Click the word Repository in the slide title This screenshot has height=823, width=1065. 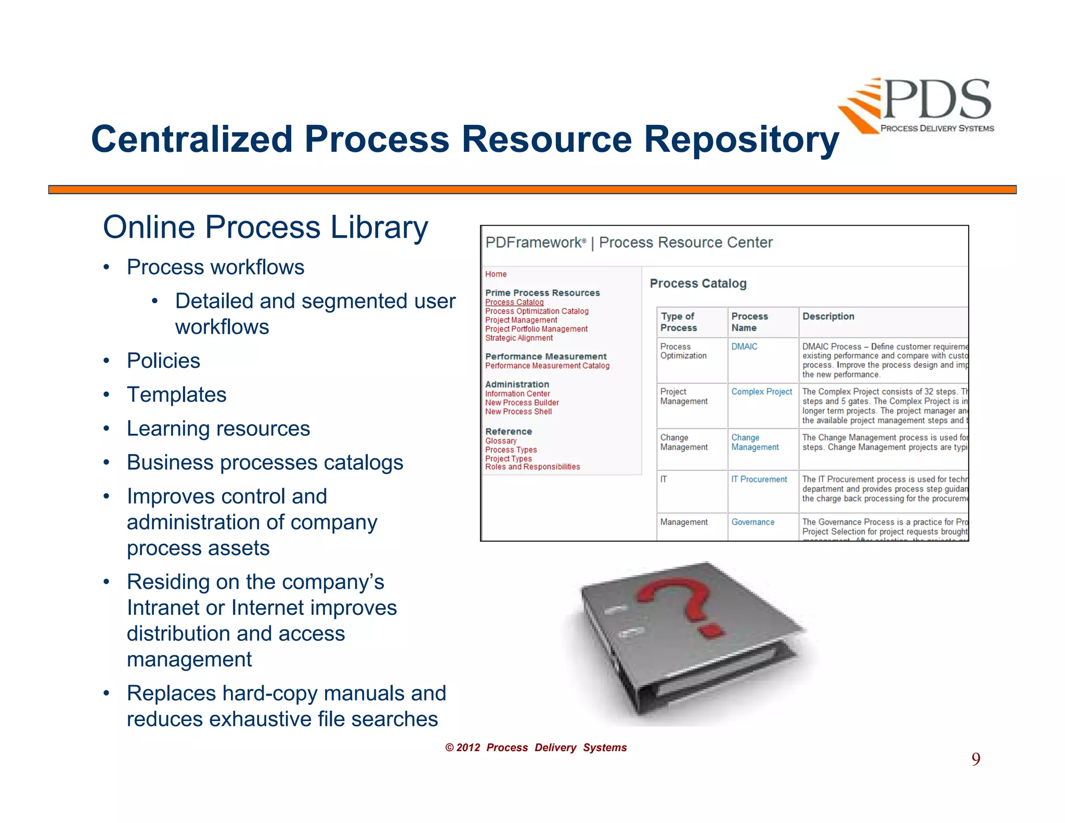[x=741, y=139]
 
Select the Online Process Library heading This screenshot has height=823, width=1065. [x=265, y=227]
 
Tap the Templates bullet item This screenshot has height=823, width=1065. [x=176, y=395]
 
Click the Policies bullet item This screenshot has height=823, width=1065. [x=163, y=361]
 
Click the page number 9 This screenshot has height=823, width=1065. [x=976, y=759]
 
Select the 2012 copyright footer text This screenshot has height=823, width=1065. [x=536, y=748]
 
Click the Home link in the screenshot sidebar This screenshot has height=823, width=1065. [x=496, y=274]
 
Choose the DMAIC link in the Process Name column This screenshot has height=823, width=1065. [x=744, y=346]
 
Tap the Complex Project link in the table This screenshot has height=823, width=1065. [x=761, y=392]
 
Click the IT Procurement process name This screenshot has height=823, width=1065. [x=759, y=479]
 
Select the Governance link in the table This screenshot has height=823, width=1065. [x=752, y=522]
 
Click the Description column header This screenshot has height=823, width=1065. [x=828, y=316]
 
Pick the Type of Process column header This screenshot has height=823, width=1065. [x=678, y=322]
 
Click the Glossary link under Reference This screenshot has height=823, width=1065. [x=501, y=441]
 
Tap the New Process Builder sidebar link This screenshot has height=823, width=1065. [x=522, y=403]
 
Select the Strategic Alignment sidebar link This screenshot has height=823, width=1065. [x=518, y=338]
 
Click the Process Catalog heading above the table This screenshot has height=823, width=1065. [x=698, y=284]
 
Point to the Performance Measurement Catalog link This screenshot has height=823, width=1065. [x=547, y=366]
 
